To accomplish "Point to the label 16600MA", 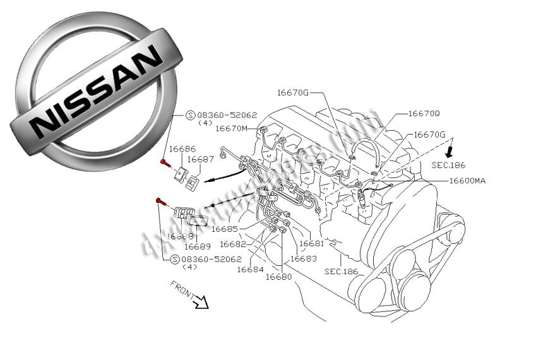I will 467,181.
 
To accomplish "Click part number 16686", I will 182,149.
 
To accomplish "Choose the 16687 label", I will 200,159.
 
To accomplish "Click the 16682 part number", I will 233,244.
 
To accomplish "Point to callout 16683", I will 303,259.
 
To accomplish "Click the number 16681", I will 311,243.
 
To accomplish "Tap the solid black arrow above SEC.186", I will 449,151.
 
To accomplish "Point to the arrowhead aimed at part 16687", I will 208,180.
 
